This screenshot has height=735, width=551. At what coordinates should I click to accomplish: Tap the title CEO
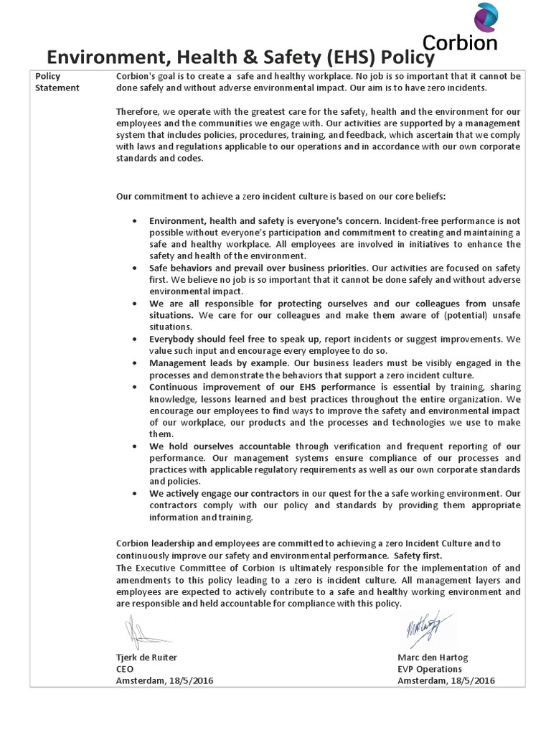(125, 669)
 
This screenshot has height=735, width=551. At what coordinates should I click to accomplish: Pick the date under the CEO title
(164, 680)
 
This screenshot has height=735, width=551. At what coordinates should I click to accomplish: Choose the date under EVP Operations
(446, 680)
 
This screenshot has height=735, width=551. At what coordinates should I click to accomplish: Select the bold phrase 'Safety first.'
(419, 556)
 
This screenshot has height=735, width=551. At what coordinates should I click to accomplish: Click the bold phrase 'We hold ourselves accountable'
(212, 446)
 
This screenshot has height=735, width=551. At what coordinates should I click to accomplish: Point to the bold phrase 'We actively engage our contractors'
(224, 494)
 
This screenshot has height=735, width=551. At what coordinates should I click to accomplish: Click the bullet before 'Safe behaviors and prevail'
(135, 268)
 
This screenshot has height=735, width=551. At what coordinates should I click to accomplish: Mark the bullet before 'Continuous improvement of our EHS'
(135, 387)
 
